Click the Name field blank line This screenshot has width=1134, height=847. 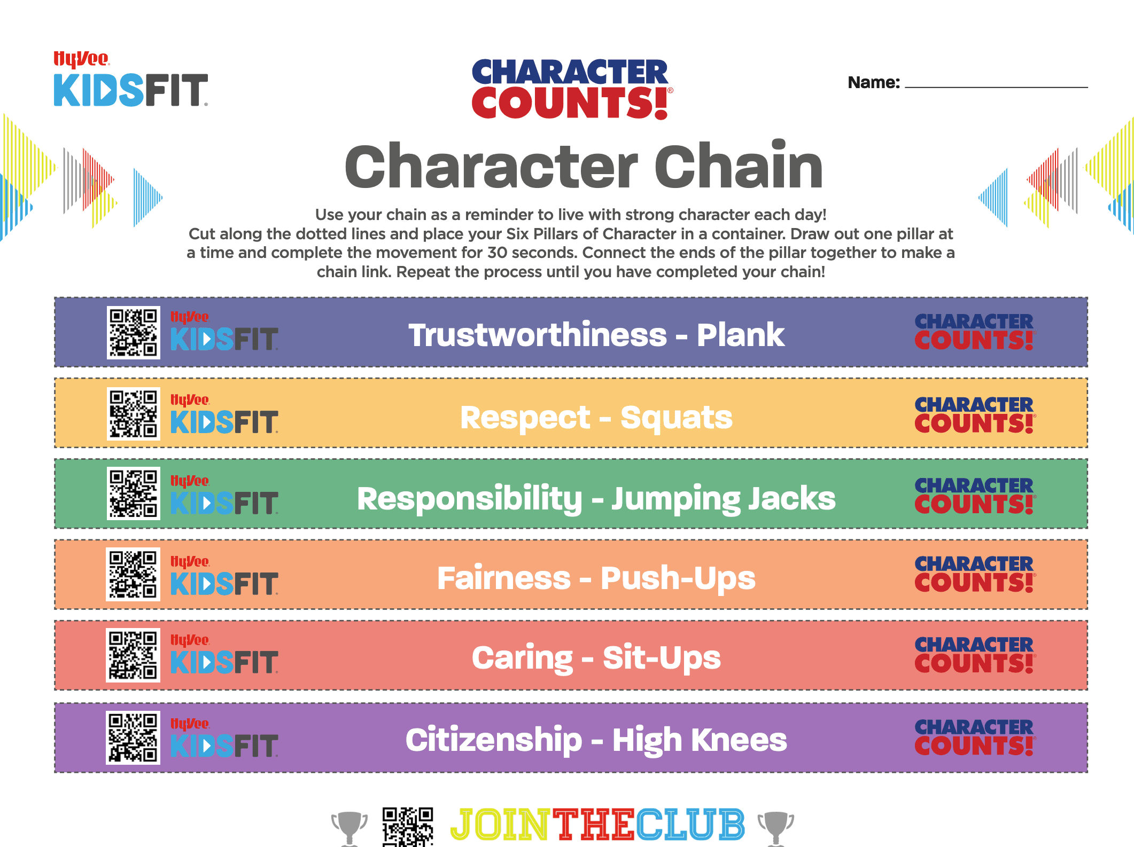pyautogui.click(x=996, y=85)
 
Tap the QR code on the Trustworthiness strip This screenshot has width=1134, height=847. pyautogui.click(x=134, y=332)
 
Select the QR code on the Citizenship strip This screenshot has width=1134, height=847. pyautogui.click(x=133, y=738)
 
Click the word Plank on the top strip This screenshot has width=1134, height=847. pyautogui.click(x=740, y=335)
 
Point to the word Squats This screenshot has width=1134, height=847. pyautogui.click(x=676, y=418)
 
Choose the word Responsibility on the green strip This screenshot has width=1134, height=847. pyautogui.click(x=469, y=499)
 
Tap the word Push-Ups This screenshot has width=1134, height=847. pyautogui.click(x=678, y=578)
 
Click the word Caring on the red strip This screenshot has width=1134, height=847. pyautogui.click(x=522, y=658)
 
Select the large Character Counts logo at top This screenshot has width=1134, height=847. pyautogui.click(x=571, y=89)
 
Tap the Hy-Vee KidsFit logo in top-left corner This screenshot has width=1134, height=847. pyautogui.click(x=130, y=80)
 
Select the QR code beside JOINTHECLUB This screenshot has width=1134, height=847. pyautogui.click(x=408, y=827)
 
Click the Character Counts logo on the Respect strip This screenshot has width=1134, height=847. pyautogui.click(x=974, y=415)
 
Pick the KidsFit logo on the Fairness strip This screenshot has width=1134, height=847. pyautogui.click(x=224, y=576)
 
